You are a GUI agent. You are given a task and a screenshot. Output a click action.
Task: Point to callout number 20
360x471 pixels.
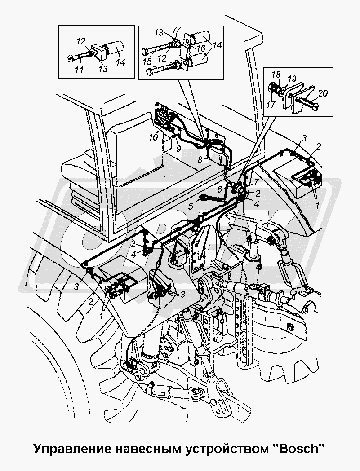click(323, 93)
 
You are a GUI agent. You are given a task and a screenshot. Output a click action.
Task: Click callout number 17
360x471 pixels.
click(271, 105)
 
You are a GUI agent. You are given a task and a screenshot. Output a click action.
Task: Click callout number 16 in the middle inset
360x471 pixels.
click(201, 48)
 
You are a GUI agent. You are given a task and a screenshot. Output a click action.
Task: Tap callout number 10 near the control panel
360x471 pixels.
click(153, 137)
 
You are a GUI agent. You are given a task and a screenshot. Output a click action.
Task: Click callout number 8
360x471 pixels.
click(200, 160)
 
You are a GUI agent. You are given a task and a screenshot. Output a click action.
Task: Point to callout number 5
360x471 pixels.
click(191, 207)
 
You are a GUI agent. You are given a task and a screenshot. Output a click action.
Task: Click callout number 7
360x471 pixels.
click(256, 181)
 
